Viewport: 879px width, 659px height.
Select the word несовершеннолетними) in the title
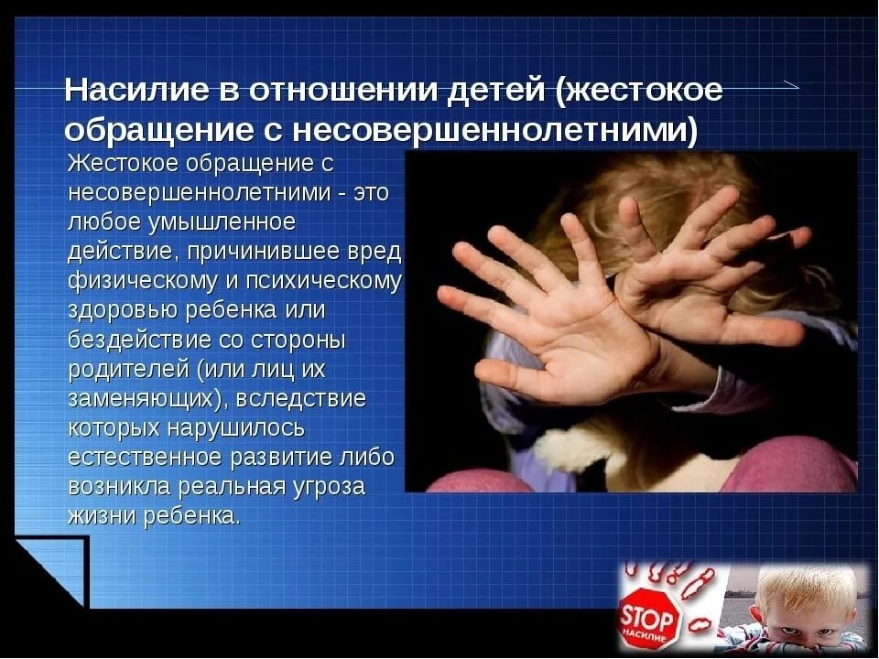coord(495,130)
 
